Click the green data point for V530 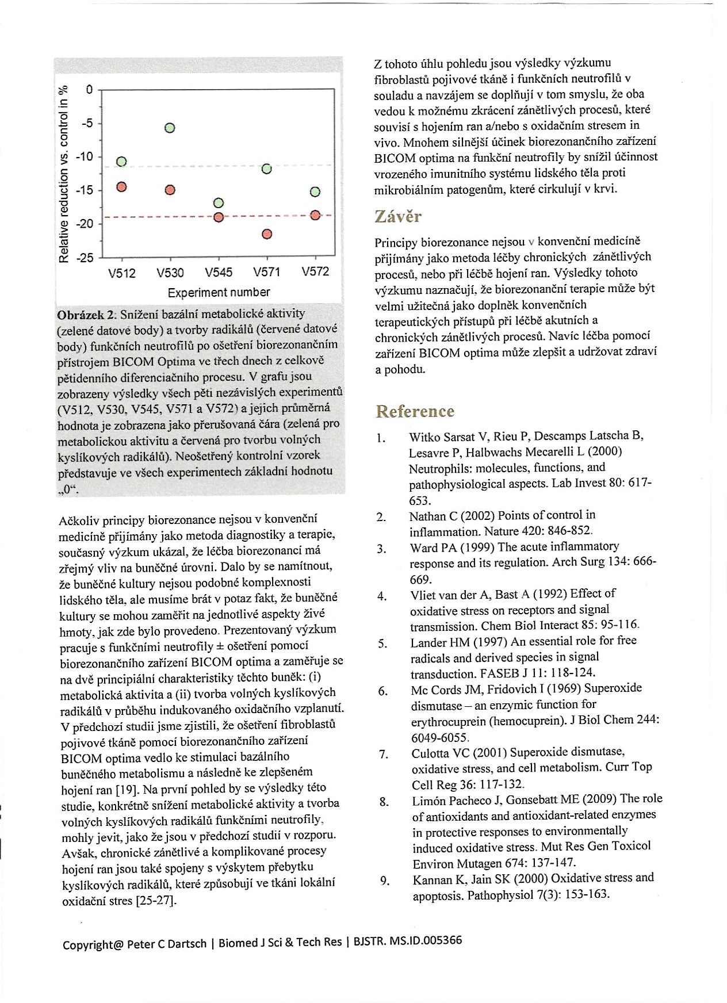point(170,128)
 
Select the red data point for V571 point(266,234)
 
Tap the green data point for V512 point(121,162)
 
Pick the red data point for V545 point(219,217)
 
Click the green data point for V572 point(315,192)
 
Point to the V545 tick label point(219,273)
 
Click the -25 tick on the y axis point(85,257)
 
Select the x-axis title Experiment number point(219,292)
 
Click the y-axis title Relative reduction point(64,173)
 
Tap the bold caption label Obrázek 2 point(87,315)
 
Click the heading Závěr point(397,217)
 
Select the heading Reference point(415,411)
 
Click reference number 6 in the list point(383,691)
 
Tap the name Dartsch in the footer point(187,944)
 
